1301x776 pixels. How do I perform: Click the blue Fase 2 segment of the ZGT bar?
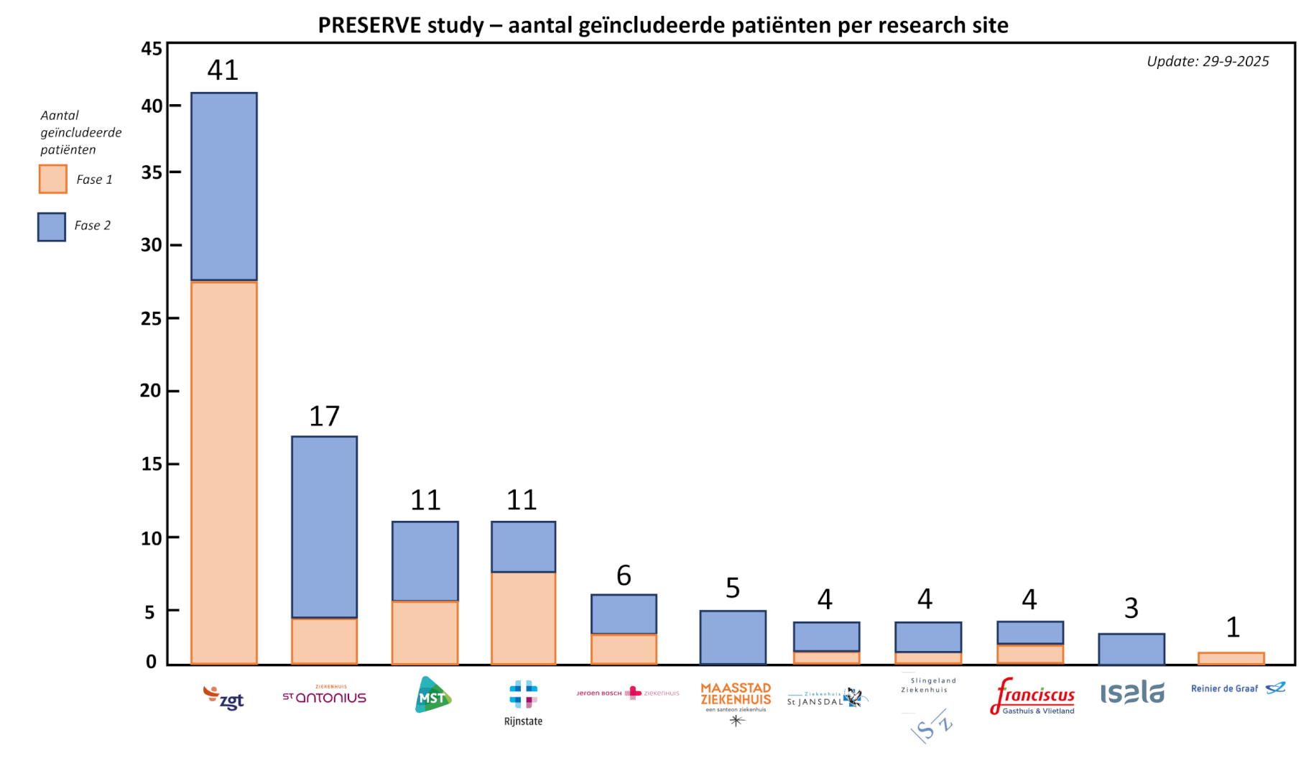point(224,186)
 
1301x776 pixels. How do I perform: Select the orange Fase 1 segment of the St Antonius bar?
point(325,640)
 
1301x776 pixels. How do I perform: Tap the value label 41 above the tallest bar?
point(223,70)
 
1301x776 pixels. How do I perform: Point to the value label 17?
point(324,417)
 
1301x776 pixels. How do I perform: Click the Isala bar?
point(1131,649)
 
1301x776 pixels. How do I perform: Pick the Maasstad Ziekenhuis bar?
point(733,637)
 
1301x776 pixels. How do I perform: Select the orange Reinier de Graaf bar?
point(1231,658)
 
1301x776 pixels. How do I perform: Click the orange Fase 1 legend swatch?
point(53,179)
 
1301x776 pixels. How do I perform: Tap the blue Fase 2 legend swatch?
point(52,226)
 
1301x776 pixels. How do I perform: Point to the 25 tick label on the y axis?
point(152,318)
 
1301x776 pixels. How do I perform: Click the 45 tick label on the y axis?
point(152,49)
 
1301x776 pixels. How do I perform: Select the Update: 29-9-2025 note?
point(1208,62)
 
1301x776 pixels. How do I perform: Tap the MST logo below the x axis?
point(432,696)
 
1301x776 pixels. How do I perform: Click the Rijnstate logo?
point(523,702)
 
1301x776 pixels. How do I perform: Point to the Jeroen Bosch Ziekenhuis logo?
point(627,693)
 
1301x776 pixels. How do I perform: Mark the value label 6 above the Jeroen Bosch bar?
point(624,576)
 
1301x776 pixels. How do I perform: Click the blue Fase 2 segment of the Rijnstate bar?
point(523,547)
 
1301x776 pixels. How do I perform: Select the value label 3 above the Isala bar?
point(1131,609)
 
